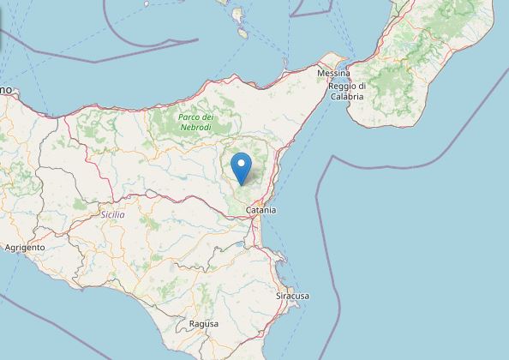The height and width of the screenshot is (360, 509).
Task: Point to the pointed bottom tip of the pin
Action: tap(243, 184)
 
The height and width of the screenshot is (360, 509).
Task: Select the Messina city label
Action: tap(333, 75)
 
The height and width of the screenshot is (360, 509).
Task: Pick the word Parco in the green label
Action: tap(188, 117)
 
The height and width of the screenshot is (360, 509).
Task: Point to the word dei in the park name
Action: tap(207, 117)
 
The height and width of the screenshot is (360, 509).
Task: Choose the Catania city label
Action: tap(260, 209)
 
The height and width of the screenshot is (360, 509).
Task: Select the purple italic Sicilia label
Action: tap(112, 214)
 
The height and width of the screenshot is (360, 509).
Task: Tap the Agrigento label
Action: tap(24, 247)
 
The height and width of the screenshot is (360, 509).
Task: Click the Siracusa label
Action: tap(293, 296)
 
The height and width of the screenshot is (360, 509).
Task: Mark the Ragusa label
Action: tap(203, 324)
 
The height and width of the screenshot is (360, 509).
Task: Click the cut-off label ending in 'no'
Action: tap(7, 88)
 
